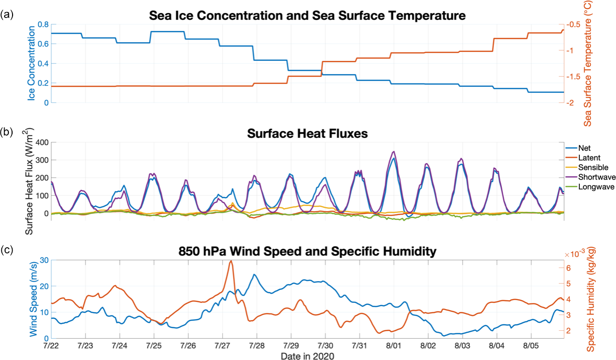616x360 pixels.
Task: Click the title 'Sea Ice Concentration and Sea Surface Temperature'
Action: [308, 15]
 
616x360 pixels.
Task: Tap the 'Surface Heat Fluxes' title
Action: [308, 134]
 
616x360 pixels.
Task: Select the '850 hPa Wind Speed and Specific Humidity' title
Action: [308, 252]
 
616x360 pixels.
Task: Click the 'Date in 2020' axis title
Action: [308, 356]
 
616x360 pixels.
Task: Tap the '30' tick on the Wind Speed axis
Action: [44, 260]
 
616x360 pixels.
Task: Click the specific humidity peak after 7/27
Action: [231, 261]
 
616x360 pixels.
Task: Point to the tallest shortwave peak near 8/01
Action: [394, 152]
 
